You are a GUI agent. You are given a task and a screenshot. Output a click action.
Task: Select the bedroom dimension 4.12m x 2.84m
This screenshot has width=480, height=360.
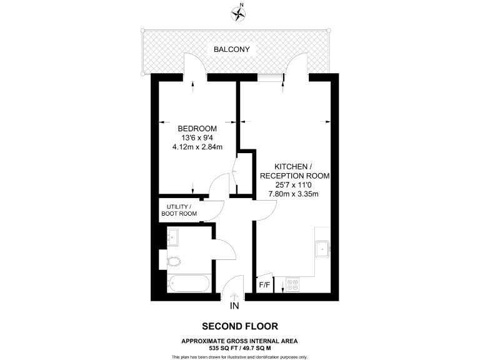pos(197,147)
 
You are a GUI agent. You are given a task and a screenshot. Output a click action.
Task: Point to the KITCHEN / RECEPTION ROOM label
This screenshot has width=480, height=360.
pos(294,171)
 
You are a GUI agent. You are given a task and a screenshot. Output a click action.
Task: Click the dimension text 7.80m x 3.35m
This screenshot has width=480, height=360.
pos(294,194)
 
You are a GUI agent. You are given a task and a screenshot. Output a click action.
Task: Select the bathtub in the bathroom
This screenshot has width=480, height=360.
pos(189,284)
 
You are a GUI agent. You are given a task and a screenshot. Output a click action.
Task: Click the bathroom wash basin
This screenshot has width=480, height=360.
pos(173,237)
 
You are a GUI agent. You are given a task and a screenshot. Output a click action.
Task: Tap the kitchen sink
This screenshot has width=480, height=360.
pos(322,248)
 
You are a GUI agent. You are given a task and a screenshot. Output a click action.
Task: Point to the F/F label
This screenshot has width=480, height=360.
pos(264,286)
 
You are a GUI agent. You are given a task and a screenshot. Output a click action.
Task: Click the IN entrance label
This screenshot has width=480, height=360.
pos(235,306)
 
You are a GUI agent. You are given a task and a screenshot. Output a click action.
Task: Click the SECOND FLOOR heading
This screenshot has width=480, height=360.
pos(239,326)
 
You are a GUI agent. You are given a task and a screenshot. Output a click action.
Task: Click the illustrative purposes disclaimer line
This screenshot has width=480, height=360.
pos(239,356)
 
